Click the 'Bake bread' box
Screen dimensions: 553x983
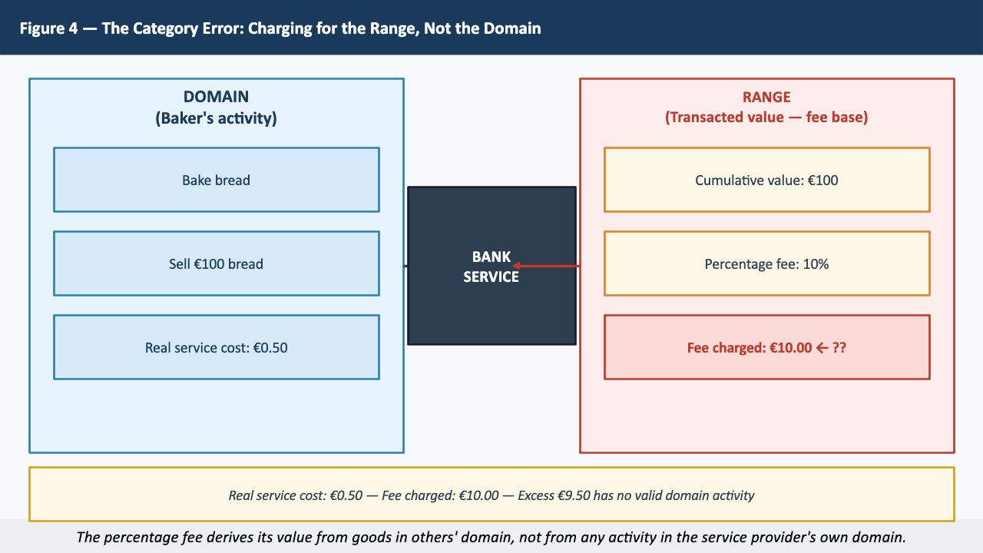point(216,180)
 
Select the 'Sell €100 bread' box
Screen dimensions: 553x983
point(216,263)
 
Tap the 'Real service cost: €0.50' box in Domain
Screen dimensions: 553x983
point(216,347)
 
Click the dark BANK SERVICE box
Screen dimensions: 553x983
point(491,307)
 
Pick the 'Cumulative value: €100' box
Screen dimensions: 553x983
point(766,180)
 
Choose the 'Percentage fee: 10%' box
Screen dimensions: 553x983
point(766,263)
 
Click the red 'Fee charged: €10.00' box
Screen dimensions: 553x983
point(766,347)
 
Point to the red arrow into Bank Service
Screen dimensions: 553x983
point(546,267)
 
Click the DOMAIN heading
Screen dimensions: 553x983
point(216,97)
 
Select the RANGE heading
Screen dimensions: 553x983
point(766,97)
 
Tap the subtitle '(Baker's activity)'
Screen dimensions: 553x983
point(216,118)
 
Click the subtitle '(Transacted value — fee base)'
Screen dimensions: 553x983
point(766,118)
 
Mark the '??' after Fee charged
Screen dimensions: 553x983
point(839,347)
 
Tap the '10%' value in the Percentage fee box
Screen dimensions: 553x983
point(816,263)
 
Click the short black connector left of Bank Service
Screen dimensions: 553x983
point(405,266)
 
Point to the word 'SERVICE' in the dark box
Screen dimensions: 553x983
point(491,276)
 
